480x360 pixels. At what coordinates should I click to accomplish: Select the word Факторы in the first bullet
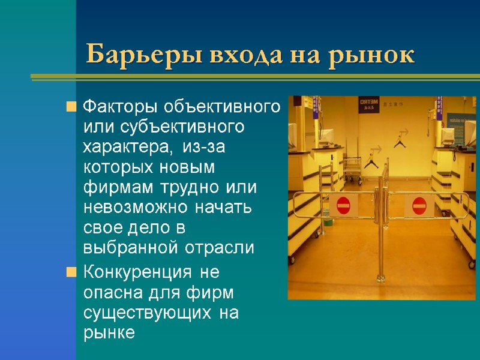click(x=119, y=108)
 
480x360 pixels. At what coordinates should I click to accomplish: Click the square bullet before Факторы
click(x=71, y=108)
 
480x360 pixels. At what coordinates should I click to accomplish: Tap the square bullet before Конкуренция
click(x=71, y=273)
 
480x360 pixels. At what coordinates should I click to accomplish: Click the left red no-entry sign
click(x=343, y=206)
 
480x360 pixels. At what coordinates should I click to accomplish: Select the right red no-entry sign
click(x=419, y=206)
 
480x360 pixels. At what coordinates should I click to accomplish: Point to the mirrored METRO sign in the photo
click(x=368, y=104)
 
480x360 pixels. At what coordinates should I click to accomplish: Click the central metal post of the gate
click(x=380, y=240)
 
